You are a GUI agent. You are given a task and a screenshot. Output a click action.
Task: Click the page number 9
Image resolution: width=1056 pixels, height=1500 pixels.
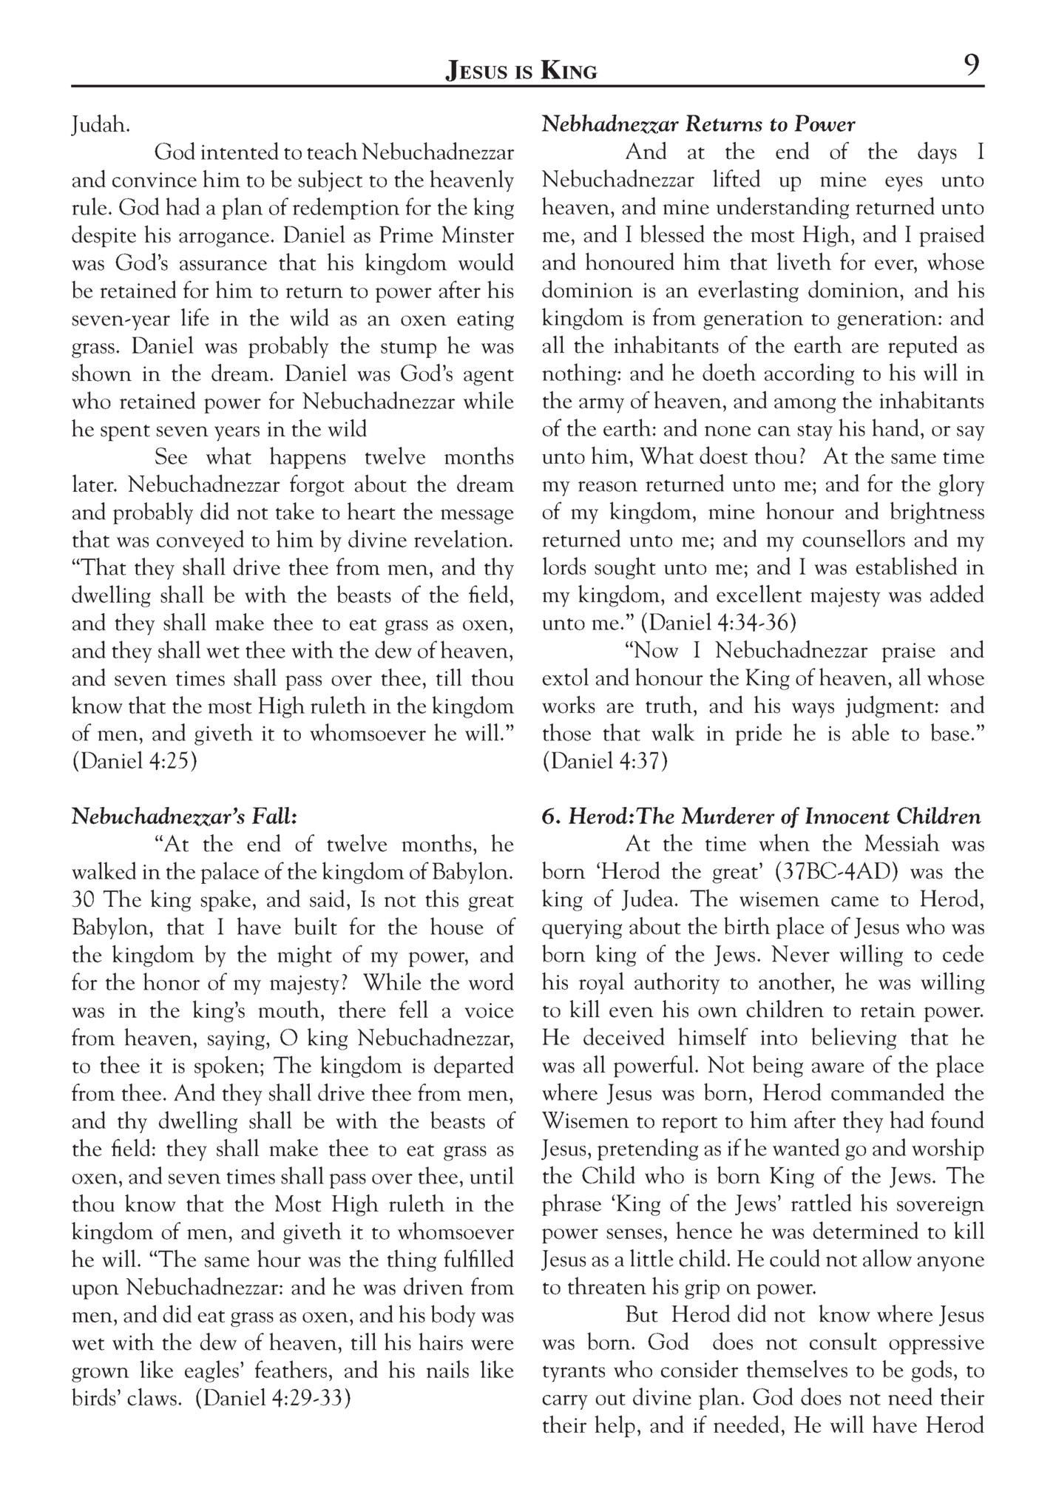[x=971, y=67]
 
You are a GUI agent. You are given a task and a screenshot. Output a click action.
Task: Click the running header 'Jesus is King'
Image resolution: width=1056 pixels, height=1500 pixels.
[x=521, y=71]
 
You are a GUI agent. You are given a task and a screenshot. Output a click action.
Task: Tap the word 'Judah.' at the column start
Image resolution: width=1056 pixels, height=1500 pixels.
[x=101, y=126]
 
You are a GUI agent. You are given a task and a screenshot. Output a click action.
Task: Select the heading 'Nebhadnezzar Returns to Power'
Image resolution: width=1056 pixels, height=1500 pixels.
[x=698, y=124]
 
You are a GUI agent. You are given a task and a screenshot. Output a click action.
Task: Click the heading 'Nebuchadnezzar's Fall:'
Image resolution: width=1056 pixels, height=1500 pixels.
[x=184, y=817]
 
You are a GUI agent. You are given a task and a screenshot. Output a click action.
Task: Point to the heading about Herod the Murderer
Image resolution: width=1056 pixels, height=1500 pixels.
[x=761, y=817]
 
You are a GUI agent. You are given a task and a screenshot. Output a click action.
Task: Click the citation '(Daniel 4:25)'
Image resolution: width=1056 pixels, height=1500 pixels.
[x=134, y=761]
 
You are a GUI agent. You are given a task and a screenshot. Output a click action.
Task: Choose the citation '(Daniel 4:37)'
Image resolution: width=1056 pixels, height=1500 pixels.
[x=604, y=761]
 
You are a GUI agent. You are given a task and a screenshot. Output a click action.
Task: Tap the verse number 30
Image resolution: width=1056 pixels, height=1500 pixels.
[x=84, y=900]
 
